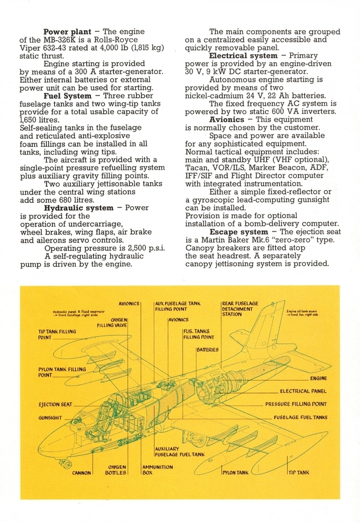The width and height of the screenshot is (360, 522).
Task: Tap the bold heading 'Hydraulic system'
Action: click(x=79, y=208)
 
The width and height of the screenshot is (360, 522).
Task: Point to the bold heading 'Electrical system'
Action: click(x=243, y=56)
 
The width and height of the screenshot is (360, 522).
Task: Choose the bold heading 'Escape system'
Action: click(x=239, y=232)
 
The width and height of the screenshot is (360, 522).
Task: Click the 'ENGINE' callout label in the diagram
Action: click(x=318, y=378)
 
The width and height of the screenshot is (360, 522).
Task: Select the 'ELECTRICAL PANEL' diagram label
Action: click(x=303, y=391)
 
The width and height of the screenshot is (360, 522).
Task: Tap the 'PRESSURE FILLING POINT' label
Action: click(x=296, y=404)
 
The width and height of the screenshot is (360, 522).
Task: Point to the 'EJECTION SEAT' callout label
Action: click(x=55, y=405)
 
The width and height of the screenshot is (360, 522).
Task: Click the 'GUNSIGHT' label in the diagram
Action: click(x=50, y=418)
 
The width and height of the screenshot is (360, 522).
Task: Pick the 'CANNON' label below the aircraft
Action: click(x=81, y=473)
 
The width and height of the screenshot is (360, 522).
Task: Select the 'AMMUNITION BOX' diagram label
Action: click(x=158, y=470)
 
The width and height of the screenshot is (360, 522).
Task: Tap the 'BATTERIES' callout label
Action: click(x=208, y=350)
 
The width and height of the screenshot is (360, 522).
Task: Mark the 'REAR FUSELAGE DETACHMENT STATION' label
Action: click(x=240, y=309)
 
